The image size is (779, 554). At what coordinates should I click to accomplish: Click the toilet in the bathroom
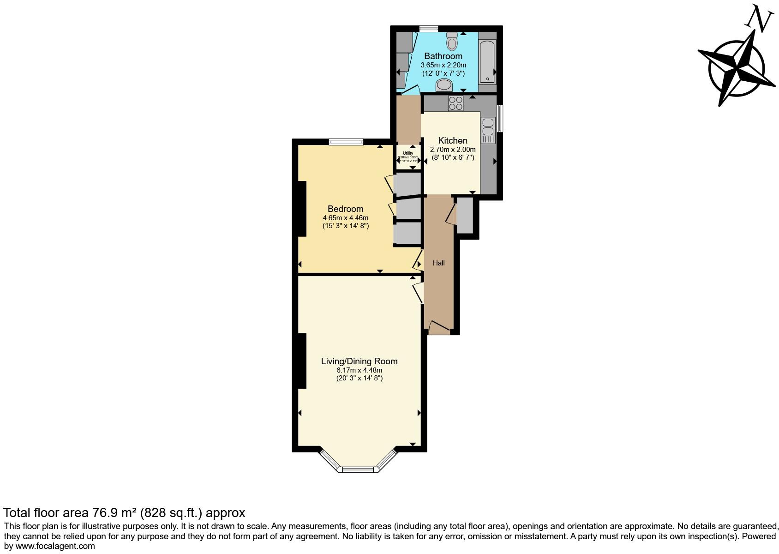tap(452, 42)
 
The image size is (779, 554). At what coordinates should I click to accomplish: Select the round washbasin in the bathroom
tap(444, 85)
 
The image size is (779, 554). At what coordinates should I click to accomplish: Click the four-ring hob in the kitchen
tap(455, 103)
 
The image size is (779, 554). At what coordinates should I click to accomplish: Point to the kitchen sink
tap(488, 131)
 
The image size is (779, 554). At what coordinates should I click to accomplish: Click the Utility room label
tap(408, 153)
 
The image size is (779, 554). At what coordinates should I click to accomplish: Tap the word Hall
tap(438, 263)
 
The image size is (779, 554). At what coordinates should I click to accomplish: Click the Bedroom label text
tap(345, 209)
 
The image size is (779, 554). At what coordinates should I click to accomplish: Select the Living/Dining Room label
tap(359, 361)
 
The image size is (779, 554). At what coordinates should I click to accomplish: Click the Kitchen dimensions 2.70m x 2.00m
tap(452, 150)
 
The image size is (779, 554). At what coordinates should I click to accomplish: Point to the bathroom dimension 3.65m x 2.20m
tap(443, 65)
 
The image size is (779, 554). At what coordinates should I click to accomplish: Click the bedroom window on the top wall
tap(346, 142)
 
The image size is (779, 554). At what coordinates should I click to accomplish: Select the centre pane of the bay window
tap(360, 470)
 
